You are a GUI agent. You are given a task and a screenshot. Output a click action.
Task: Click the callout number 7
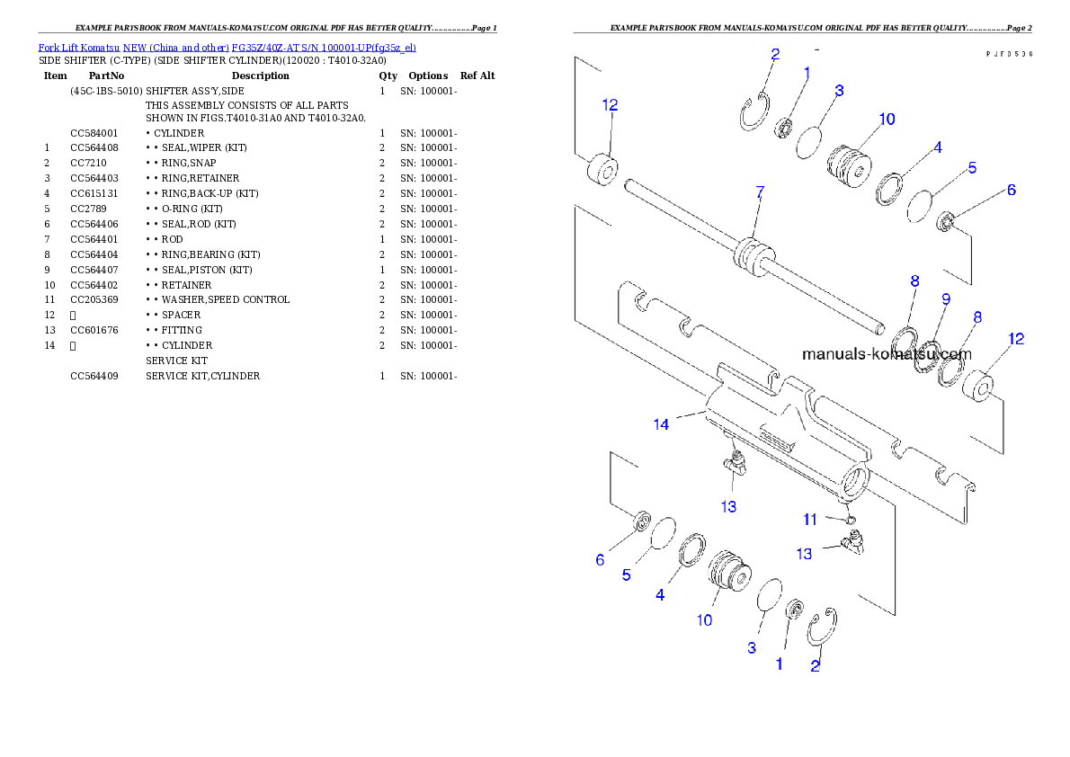point(760,192)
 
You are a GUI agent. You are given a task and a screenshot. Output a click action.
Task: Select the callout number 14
point(661,424)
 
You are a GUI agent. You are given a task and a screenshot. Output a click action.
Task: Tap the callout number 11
point(810,519)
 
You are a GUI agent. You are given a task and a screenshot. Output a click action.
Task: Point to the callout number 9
point(944,298)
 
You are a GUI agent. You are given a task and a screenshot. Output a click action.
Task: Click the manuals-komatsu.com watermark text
point(886,353)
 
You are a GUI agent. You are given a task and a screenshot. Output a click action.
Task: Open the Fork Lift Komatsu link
point(78,47)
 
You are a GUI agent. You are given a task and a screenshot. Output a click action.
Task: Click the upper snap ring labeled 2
point(753,113)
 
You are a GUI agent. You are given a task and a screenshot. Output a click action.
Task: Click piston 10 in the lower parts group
point(729,572)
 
